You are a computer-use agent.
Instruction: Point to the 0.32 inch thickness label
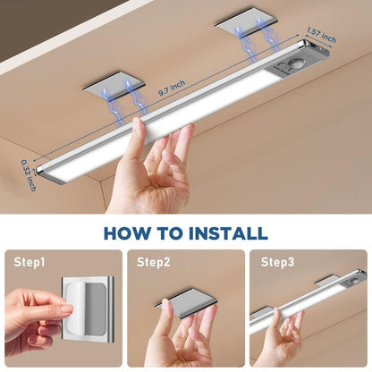tap(29, 173)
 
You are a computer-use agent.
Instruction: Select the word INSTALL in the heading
tap(224, 234)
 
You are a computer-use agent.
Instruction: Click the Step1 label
tap(30, 263)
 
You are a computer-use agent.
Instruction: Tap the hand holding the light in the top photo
tap(152, 170)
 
